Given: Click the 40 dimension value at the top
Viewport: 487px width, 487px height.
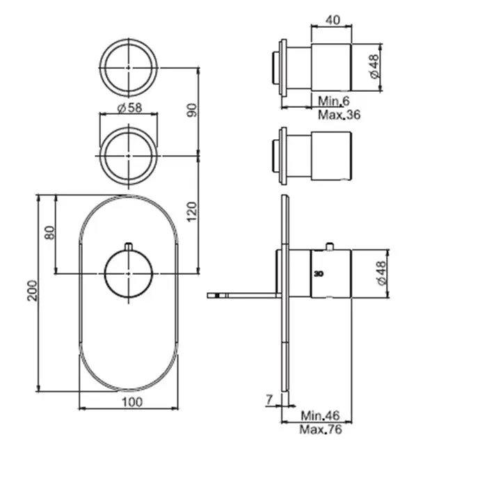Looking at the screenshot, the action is coord(333,20).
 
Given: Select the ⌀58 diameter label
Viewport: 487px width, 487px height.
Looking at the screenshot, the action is coord(129,108).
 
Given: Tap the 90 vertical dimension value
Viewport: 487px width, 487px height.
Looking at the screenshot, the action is coord(192,110).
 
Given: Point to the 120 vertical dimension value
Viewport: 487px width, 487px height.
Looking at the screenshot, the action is coord(192,211).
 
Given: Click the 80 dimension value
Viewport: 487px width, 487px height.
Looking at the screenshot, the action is coord(49,232).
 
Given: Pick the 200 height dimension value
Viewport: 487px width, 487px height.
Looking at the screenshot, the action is coord(32,291).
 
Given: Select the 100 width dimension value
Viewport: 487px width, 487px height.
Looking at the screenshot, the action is coord(132,402).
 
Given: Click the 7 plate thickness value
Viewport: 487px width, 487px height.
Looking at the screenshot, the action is coord(269,399).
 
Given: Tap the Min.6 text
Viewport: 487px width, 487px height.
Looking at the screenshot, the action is coord(334,101).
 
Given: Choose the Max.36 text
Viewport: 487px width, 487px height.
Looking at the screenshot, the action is coord(340,115).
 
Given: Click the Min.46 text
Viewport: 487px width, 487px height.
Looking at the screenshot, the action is coord(320,415).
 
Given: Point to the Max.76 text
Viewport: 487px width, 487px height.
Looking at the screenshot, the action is coord(321,429).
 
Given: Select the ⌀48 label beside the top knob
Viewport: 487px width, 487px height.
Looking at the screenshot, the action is coord(374,67).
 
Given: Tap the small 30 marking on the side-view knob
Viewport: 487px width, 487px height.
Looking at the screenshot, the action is coord(319,274).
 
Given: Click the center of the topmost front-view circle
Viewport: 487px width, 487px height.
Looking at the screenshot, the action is coord(129,67).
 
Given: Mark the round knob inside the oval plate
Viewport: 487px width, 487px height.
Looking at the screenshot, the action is coord(129,273).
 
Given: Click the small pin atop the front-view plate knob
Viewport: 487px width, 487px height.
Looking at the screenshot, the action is coord(129,246).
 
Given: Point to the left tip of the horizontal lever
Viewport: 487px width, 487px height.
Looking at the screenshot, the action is coord(207,296).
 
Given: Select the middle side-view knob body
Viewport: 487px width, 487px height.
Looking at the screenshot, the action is coord(331,156).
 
